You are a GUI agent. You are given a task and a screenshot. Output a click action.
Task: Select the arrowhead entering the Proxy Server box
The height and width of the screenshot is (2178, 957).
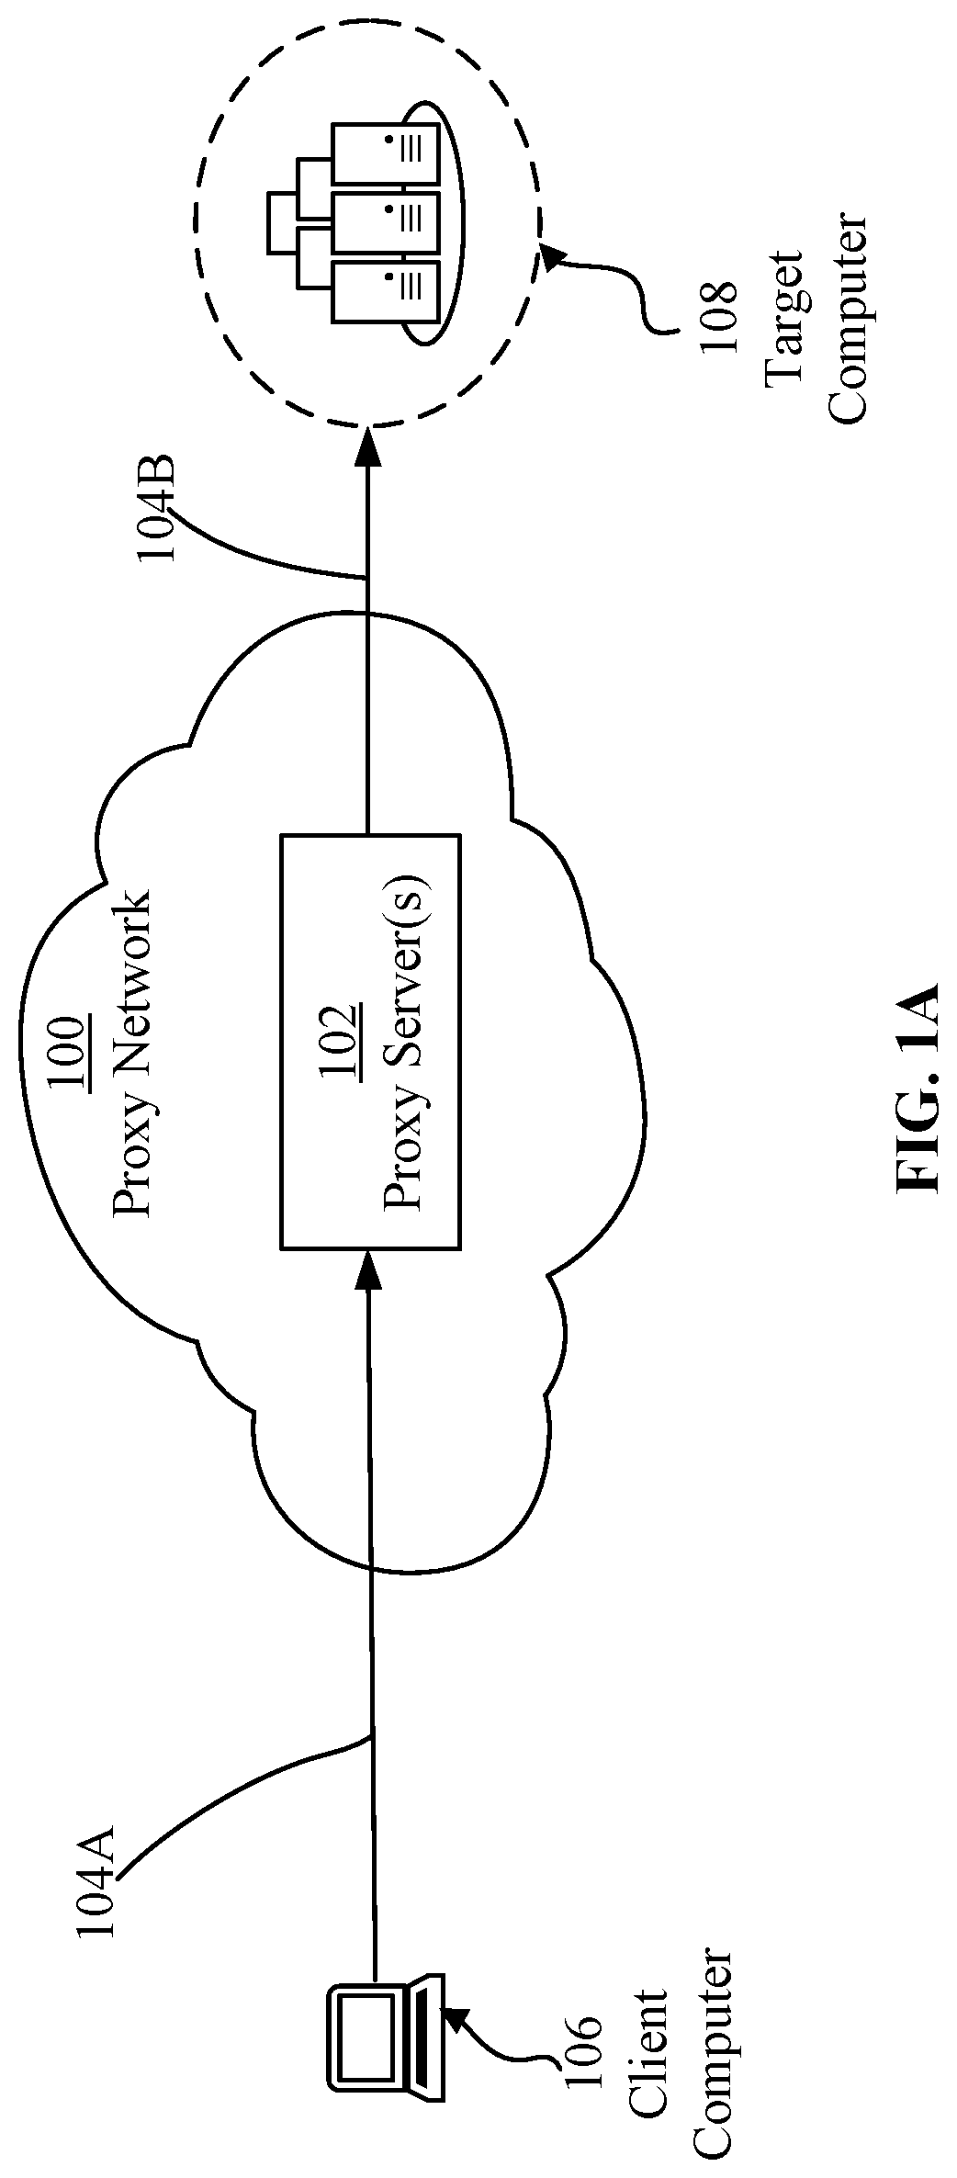tap(369, 1267)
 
